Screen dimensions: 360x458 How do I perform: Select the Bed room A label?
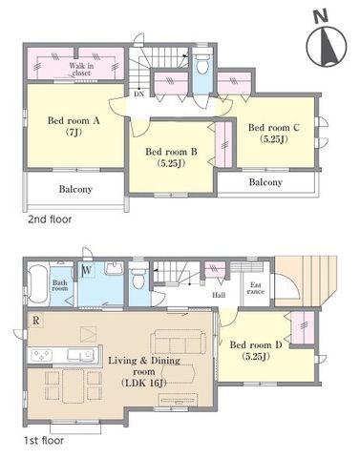point(74,126)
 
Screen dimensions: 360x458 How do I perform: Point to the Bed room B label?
point(171,157)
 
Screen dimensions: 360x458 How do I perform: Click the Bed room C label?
point(274,133)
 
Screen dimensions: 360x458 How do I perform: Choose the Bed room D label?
point(256,350)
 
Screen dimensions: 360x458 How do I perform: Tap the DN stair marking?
point(138,94)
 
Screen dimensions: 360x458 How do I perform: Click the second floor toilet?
point(201,65)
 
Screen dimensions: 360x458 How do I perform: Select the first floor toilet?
point(138,278)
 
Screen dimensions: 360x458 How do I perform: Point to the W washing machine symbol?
point(87,271)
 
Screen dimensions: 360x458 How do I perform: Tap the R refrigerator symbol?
point(35,321)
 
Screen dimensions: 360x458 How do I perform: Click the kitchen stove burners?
point(43,355)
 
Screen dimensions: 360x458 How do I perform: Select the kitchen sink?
point(81,355)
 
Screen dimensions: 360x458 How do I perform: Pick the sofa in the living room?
point(178,342)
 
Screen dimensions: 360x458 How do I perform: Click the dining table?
point(74,385)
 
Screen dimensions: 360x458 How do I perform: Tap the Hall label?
point(219,295)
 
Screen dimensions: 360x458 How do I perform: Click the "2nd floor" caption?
point(50,219)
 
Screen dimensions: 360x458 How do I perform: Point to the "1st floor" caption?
point(44,441)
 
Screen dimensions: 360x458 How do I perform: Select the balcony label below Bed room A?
point(75,190)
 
